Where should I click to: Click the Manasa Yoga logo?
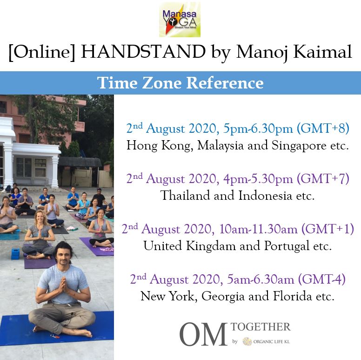(180, 20)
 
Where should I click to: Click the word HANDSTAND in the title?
(143, 52)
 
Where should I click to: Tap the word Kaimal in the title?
(322, 52)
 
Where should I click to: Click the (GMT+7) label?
(323, 178)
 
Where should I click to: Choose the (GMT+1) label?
(328, 229)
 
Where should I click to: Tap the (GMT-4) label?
(321, 279)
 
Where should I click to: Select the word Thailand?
(185, 196)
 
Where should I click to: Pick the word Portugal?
(287, 246)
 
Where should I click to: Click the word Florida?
(293, 296)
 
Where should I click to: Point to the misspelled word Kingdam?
(211, 246)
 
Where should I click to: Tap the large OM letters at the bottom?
(203, 334)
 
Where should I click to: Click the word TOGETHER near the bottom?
(261, 327)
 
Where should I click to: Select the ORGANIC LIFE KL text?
(271, 341)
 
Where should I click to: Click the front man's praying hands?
(63, 286)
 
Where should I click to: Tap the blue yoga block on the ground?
(15, 254)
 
